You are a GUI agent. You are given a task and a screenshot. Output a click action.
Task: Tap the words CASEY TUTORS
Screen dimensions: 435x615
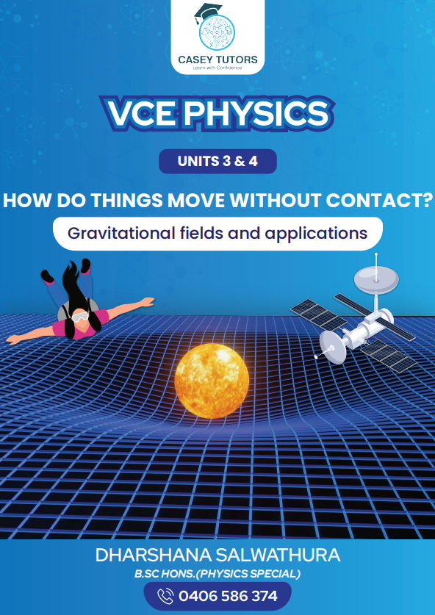(217, 60)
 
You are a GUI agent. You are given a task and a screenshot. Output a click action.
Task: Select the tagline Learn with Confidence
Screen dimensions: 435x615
(217, 68)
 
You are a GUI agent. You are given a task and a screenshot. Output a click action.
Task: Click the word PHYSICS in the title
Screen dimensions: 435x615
(256, 112)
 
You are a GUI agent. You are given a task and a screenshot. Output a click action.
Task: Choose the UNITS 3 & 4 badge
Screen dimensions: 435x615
(217, 161)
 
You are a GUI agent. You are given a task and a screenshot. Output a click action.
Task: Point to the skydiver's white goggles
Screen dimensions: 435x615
(79, 317)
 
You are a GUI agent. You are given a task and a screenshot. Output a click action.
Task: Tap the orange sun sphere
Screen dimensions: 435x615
(212, 381)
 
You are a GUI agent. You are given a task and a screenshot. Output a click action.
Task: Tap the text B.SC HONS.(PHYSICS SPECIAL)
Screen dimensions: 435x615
(217, 574)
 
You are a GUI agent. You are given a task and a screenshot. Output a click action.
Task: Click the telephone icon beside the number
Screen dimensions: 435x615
(165, 596)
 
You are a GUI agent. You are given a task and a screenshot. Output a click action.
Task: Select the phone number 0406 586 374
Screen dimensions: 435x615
(228, 596)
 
